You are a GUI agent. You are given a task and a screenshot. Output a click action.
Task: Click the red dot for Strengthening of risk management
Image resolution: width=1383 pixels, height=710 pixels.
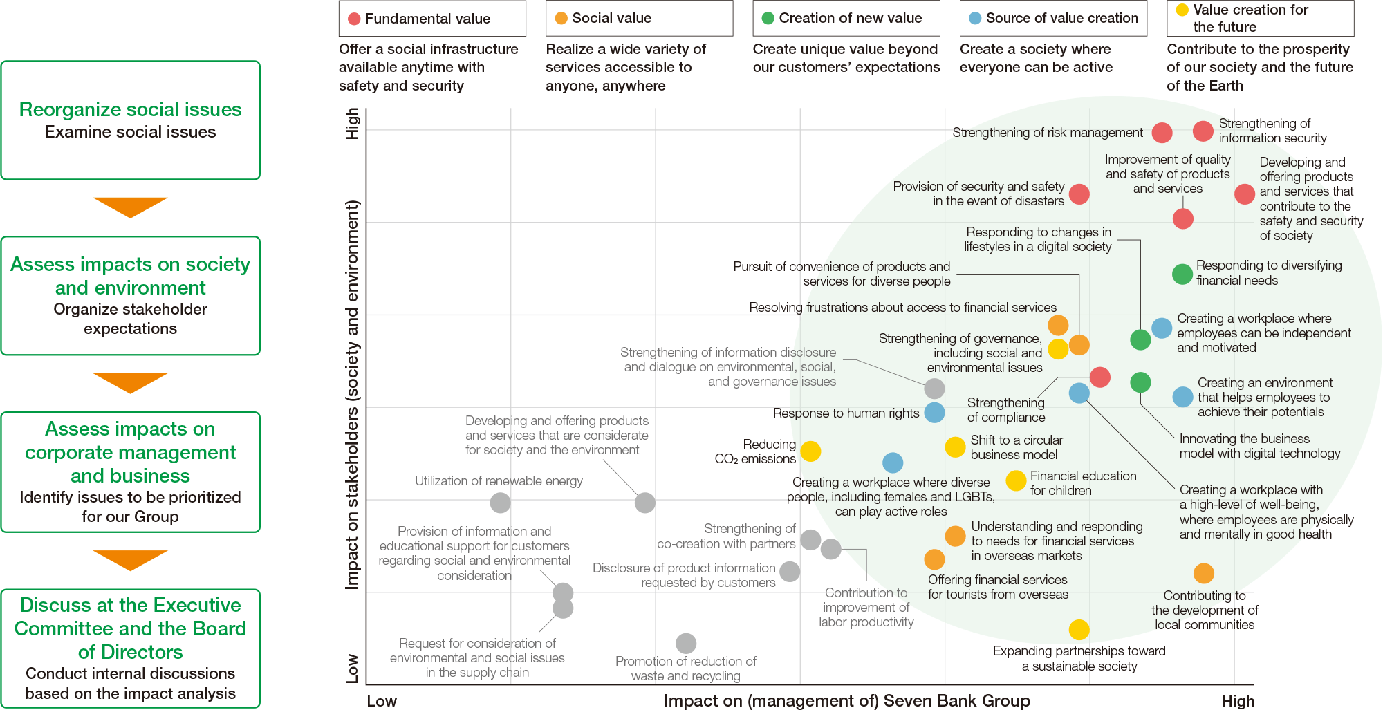point(1162,132)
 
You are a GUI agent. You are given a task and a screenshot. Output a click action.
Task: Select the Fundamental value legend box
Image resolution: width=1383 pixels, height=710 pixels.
point(432,19)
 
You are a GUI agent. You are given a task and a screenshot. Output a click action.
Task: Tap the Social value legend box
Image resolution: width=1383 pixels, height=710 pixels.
point(639,19)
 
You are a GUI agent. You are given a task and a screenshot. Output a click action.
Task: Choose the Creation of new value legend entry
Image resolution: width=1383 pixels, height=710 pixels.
point(846,19)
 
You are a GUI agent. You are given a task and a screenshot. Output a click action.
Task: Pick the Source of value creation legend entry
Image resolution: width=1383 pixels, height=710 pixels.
point(1053,19)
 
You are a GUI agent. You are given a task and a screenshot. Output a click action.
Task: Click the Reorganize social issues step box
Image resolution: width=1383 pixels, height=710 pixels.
point(131,120)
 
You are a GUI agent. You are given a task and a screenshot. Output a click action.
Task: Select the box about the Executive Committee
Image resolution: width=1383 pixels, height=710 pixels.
point(131,648)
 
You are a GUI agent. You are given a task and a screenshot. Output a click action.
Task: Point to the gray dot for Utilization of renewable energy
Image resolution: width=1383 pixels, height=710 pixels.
point(500,503)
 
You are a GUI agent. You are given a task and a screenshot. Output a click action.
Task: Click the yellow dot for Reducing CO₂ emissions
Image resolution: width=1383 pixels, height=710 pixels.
point(810,451)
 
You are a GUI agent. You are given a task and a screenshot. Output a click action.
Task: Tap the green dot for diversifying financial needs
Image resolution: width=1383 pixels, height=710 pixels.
point(1182,274)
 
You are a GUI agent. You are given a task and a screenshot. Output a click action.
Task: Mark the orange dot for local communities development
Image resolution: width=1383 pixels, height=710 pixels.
point(1204,573)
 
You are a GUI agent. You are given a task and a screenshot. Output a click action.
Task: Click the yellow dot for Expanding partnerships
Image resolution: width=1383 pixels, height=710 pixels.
point(1079,629)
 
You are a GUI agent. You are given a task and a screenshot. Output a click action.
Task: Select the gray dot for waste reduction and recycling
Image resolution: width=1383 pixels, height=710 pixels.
point(686,644)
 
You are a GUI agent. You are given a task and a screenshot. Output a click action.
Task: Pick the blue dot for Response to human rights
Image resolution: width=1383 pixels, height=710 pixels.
point(934,413)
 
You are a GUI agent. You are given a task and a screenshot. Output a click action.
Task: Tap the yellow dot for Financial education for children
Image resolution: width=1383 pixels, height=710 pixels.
point(1016,480)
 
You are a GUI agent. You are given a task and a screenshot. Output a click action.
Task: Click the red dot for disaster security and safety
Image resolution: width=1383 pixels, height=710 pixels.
point(1079,194)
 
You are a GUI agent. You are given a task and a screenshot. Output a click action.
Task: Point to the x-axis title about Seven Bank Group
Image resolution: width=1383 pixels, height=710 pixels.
point(846,700)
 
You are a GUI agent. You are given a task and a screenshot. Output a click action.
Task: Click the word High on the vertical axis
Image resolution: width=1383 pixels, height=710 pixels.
point(353,123)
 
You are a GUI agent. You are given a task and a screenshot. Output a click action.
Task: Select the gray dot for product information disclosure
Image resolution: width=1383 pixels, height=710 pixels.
point(790,572)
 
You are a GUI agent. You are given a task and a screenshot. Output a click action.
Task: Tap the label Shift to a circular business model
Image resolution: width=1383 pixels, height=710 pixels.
point(1016,447)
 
